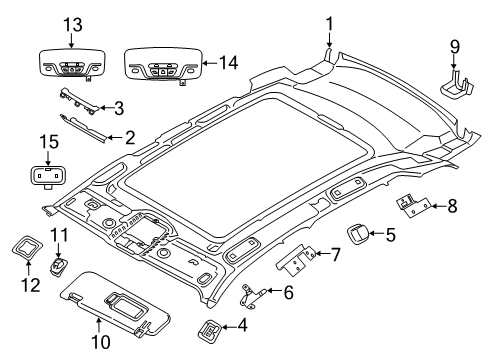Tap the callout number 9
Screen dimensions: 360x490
click(455, 47)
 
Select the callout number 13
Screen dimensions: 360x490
click(69, 24)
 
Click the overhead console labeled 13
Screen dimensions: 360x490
click(69, 59)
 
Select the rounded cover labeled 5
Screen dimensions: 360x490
click(359, 235)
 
